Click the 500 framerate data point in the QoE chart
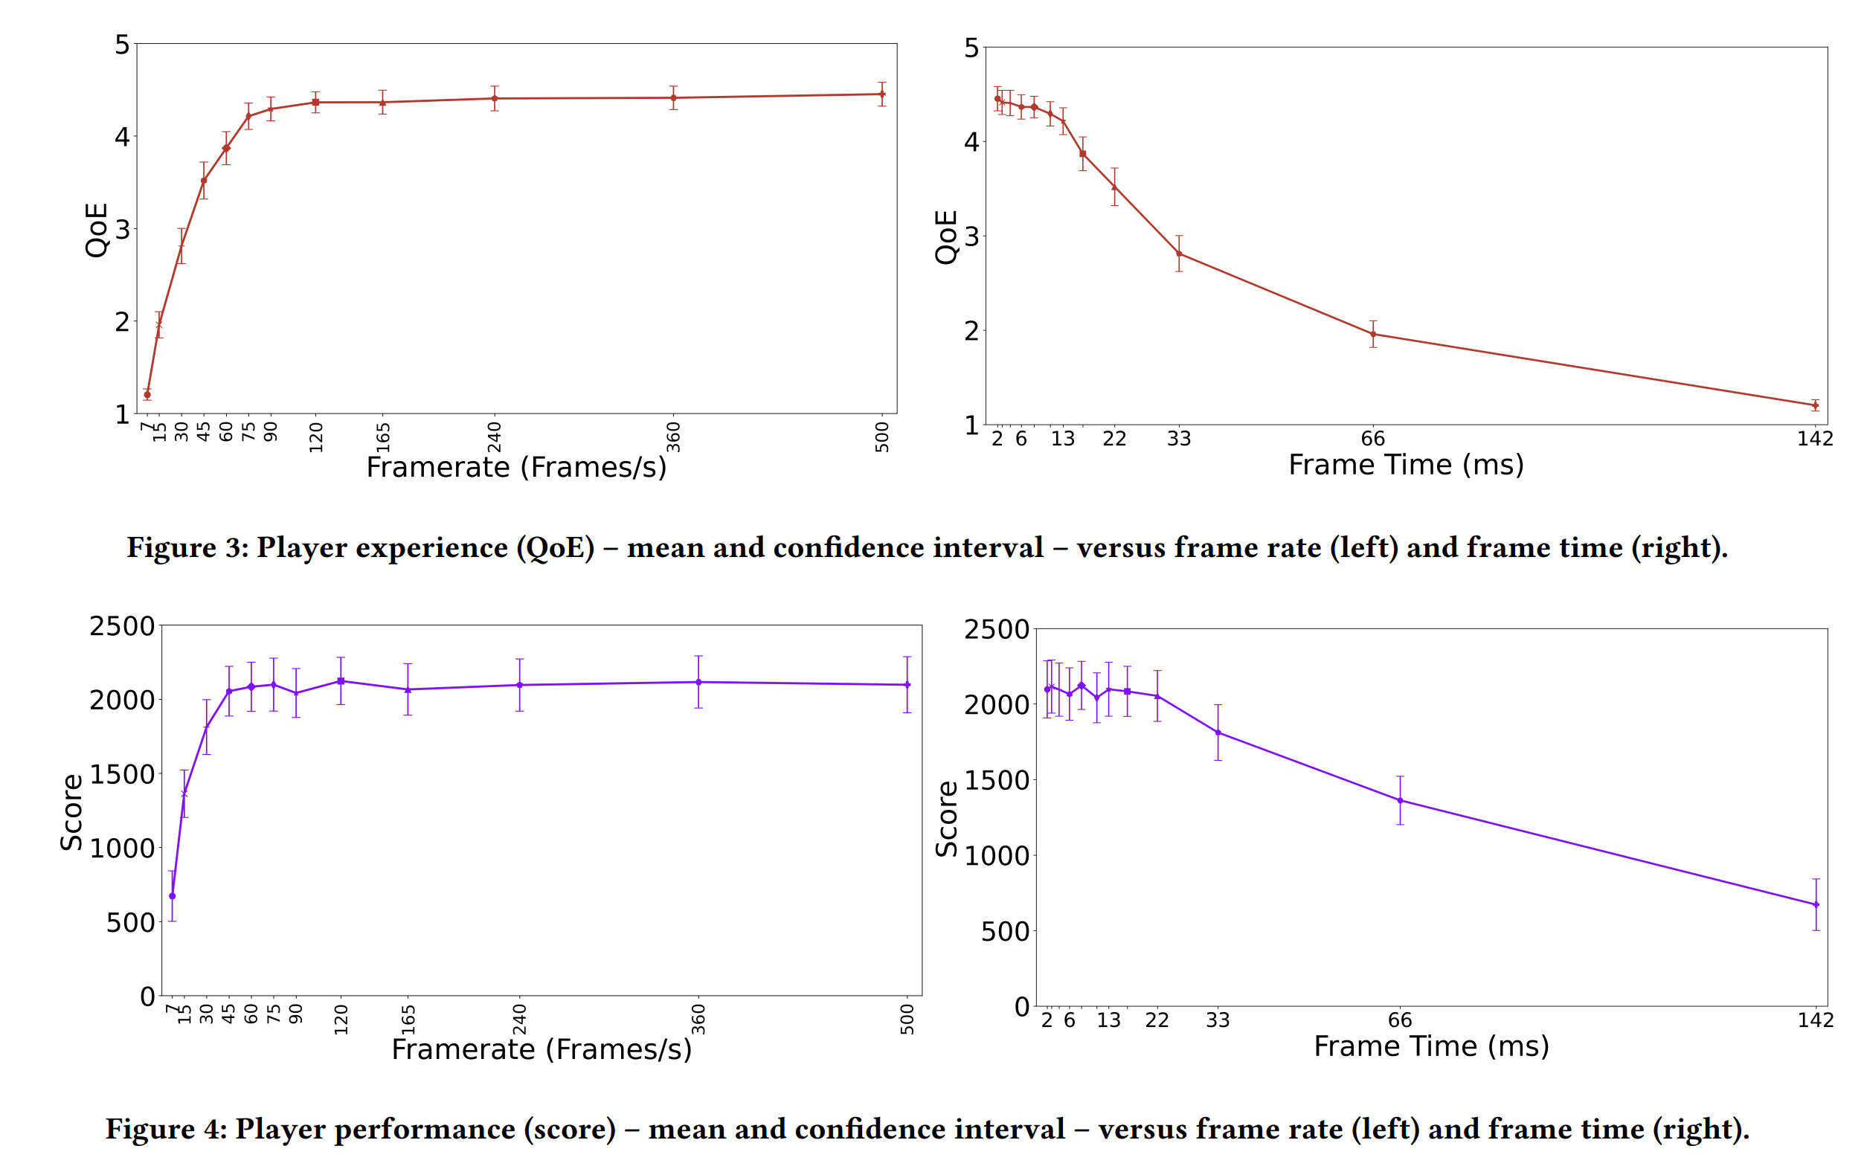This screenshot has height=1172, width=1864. coord(881,94)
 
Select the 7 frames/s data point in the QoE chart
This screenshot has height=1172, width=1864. coord(147,395)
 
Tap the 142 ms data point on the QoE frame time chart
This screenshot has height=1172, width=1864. coord(1814,405)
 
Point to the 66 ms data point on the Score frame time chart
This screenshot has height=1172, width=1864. coord(1400,800)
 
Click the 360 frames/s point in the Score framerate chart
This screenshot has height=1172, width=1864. coord(698,682)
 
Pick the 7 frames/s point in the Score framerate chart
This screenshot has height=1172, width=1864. coord(172,895)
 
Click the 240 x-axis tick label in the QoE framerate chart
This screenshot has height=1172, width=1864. coord(495,437)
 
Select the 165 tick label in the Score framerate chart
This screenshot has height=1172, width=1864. coord(408,1020)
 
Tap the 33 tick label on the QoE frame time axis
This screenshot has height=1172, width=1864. coord(1178,439)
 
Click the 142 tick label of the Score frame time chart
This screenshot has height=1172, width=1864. coord(1814,1020)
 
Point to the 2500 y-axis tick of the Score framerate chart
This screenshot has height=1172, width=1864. coord(121,626)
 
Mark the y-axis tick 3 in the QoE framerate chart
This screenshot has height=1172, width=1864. coord(121,230)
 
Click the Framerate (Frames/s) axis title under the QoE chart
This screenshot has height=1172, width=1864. coord(516,468)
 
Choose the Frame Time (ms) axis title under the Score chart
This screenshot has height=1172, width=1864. coord(1430,1046)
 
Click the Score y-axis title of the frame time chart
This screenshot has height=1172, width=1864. coord(947,818)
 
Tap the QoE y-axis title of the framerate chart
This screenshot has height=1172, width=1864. coord(96,230)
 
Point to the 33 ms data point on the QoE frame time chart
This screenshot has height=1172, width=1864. coord(1178,254)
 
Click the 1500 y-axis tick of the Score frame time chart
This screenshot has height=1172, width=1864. coord(996,780)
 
